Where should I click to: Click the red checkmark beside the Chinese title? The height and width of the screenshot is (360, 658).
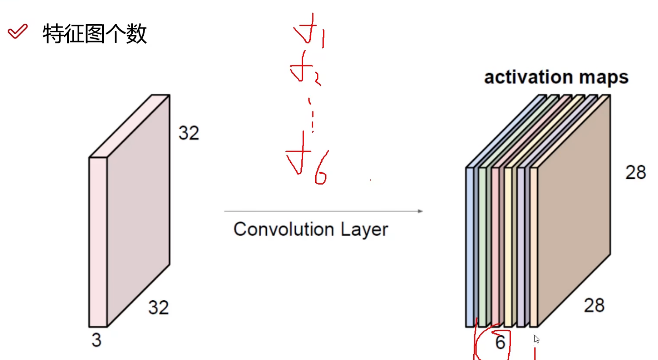[18, 31]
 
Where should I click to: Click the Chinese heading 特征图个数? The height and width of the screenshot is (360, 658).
[95, 34]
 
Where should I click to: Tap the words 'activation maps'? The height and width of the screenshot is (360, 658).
[556, 77]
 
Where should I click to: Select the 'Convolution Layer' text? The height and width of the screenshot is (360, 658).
[310, 229]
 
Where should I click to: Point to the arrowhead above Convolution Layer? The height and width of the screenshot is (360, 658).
[420, 211]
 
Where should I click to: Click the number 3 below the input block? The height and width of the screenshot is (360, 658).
[96, 340]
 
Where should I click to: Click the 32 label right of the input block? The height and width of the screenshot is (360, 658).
[189, 133]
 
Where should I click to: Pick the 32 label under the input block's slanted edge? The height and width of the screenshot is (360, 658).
[158, 307]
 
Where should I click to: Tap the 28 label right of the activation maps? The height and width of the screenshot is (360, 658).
[635, 172]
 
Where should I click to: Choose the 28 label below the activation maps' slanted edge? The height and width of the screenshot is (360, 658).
[594, 305]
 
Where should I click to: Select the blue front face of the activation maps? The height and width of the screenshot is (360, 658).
[470, 247]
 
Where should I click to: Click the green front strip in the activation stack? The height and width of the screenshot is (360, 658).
[482, 247]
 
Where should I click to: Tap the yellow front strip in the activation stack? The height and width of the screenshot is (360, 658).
[508, 247]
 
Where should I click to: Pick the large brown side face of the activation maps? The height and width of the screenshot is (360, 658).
[573, 211]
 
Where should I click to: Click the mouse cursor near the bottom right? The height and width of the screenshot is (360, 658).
[536, 339]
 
